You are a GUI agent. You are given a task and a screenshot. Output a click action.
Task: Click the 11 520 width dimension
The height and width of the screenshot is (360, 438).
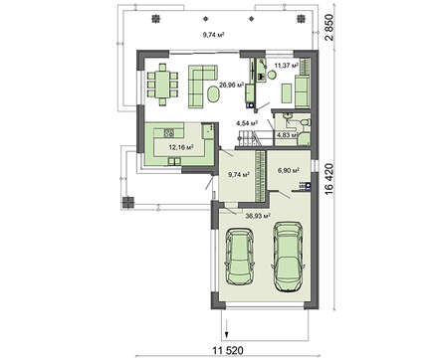228,350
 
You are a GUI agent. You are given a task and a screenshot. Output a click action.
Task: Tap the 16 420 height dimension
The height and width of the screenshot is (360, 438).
328,179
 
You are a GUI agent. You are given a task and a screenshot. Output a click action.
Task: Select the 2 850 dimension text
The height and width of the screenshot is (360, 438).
328,28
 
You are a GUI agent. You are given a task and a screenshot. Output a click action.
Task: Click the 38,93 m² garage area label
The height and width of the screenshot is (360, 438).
258,216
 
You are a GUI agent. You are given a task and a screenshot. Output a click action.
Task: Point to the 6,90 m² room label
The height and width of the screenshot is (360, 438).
288,170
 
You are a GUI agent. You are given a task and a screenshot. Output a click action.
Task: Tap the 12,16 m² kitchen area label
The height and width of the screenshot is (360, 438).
181,147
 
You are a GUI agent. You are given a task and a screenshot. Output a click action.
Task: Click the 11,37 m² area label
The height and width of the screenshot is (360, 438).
287,66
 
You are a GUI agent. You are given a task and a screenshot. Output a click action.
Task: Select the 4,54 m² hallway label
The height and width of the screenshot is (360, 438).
247,123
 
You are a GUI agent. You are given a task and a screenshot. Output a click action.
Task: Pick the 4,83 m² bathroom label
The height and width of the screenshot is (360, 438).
288,135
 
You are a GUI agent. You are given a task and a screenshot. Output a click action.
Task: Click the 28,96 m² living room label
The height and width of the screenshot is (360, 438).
232,85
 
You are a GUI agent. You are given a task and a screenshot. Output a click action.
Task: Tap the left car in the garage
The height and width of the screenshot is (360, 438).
239,256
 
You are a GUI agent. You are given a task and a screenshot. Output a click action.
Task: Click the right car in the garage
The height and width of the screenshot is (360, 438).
288,257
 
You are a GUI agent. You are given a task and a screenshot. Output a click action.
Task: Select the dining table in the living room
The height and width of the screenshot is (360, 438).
162,85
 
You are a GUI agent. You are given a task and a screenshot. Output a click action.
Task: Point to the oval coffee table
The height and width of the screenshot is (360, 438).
214,94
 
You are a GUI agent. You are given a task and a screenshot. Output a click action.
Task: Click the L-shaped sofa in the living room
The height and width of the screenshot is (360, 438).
200,87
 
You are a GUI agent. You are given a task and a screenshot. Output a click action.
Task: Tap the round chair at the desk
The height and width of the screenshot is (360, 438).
272,75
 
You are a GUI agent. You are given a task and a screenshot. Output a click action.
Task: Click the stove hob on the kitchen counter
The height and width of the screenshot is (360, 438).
168,133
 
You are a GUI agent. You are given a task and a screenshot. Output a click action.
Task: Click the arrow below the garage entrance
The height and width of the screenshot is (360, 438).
226,328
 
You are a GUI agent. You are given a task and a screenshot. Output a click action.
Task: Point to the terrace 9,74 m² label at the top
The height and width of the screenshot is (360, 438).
213,34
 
